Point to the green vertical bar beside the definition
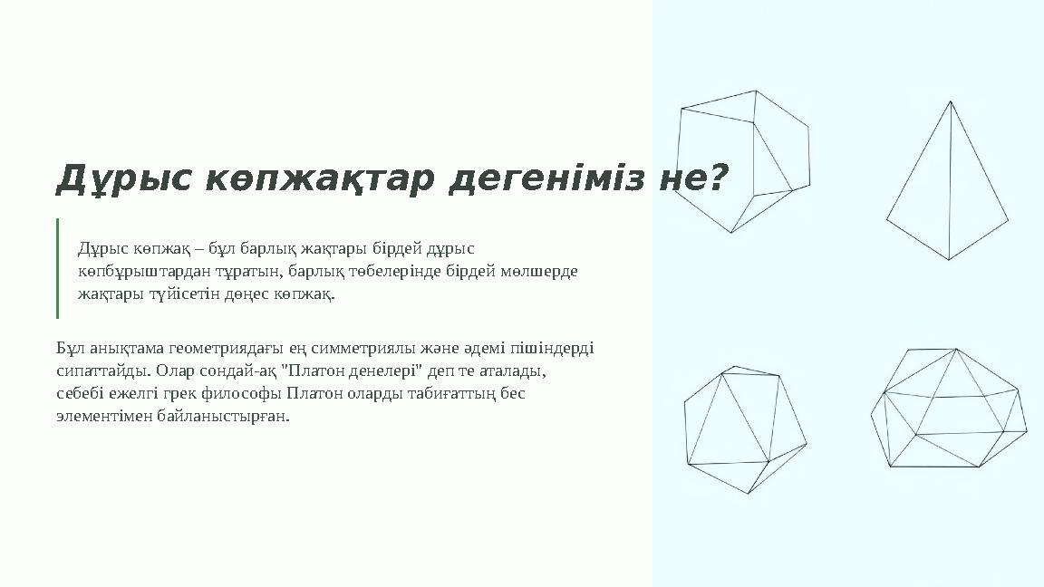(57, 268)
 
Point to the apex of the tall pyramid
(950, 101)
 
